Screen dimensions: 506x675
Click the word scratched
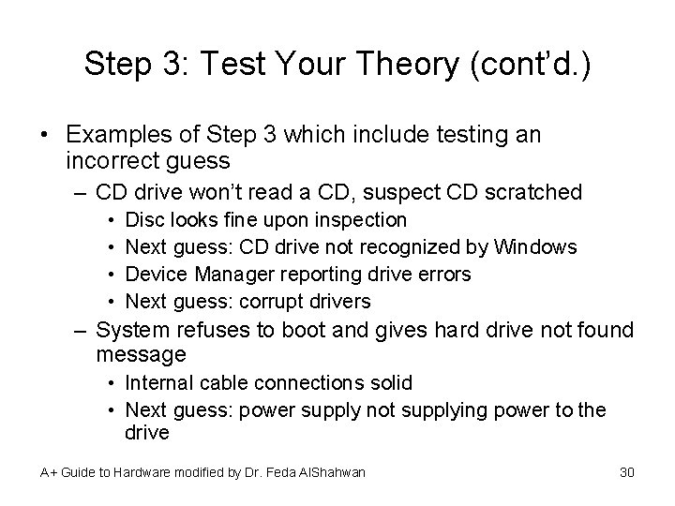532,193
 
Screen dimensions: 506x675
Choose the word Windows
535,247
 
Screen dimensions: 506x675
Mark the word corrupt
269,302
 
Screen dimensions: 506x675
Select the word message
141,354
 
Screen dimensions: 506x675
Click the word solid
388,383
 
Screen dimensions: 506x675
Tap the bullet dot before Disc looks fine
112,221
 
